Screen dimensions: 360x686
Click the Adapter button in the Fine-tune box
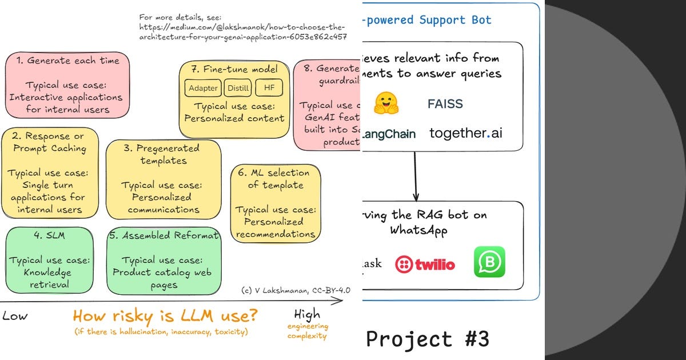(x=204, y=88)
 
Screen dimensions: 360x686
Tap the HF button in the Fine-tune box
(x=269, y=87)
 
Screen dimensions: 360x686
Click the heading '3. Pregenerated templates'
(x=164, y=154)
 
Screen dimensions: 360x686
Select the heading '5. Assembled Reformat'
(x=164, y=235)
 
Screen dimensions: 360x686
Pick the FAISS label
(x=445, y=104)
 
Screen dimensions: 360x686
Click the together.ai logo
(x=466, y=134)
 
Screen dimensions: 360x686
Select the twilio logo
(x=425, y=264)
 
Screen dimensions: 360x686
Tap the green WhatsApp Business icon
(x=489, y=262)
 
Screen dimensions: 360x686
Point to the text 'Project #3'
(x=428, y=339)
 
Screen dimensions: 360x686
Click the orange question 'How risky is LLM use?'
(x=165, y=315)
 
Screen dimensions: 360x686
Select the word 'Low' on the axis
(x=15, y=316)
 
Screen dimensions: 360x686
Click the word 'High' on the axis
(x=308, y=314)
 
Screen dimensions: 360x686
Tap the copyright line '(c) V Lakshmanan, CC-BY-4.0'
(x=296, y=290)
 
